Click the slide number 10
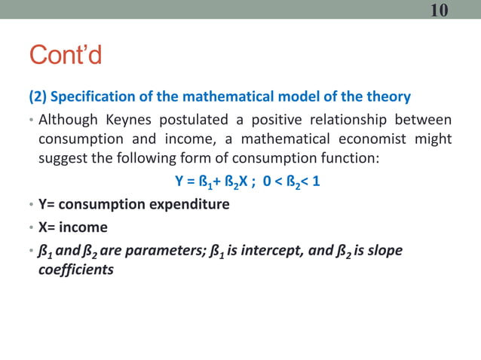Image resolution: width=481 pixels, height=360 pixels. click(440, 10)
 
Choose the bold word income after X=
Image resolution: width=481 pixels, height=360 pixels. click(84, 227)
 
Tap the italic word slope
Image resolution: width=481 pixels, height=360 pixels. click(385, 250)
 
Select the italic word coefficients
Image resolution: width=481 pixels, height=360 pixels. click(76, 269)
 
